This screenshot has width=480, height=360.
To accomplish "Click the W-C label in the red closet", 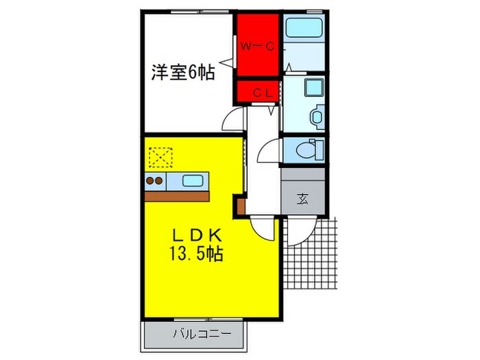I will pyautogui.click(x=258, y=47).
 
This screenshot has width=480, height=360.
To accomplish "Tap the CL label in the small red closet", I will pyautogui.click(x=257, y=91).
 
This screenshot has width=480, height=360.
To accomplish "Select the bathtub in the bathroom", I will pyautogui.click(x=306, y=28).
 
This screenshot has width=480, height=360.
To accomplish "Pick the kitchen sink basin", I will pyautogui.click(x=193, y=181).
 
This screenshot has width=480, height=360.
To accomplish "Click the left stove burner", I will pyautogui.click(x=149, y=181).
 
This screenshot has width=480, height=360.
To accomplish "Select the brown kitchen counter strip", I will pyautogui.click(x=177, y=195).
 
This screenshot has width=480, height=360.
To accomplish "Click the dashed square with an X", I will pyautogui.click(x=160, y=158).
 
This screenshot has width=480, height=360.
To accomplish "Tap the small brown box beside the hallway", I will pyautogui.click(x=241, y=204).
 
